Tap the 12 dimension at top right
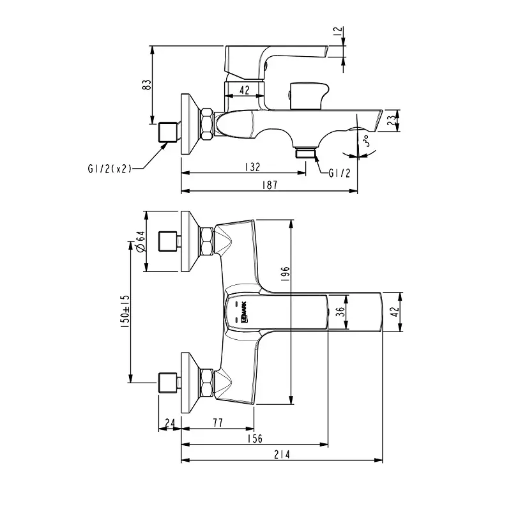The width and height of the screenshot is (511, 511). [339, 31]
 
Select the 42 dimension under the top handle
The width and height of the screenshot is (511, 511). [244, 91]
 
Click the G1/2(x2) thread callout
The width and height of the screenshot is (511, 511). [109, 169]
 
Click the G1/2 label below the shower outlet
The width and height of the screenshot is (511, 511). [339, 174]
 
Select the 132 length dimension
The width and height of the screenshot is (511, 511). [252, 167]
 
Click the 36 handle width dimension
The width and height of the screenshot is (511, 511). [340, 312]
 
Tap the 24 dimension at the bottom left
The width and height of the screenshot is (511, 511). [169, 422]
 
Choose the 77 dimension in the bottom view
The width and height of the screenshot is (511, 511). [217, 422]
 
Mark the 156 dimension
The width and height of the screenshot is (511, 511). [254, 439]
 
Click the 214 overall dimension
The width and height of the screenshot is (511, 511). [282, 455]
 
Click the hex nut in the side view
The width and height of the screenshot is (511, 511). [208, 124]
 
